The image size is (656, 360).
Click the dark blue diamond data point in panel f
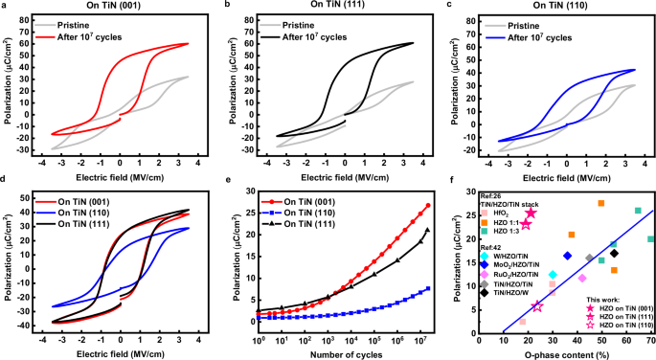pyautogui.click(x=567, y=257)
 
